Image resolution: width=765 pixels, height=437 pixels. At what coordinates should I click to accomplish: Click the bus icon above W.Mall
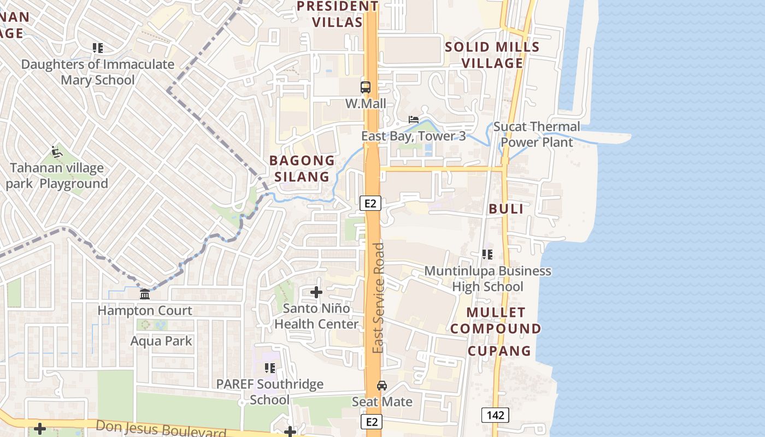pyautogui.click(x=365, y=87)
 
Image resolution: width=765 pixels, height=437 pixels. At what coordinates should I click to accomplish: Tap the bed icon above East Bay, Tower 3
pyautogui.click(x=414, y=120)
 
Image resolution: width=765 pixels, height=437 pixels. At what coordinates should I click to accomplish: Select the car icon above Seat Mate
pyautogui.click(x=382, y=386)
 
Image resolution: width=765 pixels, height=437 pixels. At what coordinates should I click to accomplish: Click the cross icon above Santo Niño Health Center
pyautogui.click(x=316, y=292)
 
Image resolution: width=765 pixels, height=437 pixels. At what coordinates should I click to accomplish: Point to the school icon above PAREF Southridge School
pyautogui.click(x=269, y=368)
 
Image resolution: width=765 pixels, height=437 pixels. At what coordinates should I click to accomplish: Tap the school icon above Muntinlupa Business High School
pyautogui.click(x=487, y=254)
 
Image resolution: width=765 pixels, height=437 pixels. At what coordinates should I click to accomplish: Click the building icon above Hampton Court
pyautogui.click(x=145, y=295)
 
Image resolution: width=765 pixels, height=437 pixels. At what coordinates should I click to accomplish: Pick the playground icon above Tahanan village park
pyautogui.click(x=56, y=151)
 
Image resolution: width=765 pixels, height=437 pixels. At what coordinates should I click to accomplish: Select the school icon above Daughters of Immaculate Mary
pyautogui.click(x=98, y=48)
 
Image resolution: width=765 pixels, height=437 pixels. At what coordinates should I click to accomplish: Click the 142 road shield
pyautogui.click(x=495, y=415)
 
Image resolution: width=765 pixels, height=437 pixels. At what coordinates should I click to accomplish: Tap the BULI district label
pyautogui.click(x=506, y=209)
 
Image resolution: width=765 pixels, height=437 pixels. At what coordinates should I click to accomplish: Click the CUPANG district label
pyautogui.click(x=499, y=351)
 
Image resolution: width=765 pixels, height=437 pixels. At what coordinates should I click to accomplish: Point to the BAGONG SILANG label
pyautogui.click(x=302, y=168)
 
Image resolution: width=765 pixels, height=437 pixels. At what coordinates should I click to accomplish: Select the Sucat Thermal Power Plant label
pyautogui.click(x=537, y=134)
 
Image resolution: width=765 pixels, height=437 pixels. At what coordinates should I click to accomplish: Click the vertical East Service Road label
pyautogui.click(x=378, y=298)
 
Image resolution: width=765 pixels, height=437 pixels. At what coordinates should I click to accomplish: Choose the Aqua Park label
pyautogui.click(x=161, y=341)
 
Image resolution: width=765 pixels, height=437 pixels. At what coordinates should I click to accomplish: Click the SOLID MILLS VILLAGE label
pyautogui.click(x=492, y=55)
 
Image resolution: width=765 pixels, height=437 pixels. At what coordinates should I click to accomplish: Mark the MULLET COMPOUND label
pyautogui.click(x=496, y=321)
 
